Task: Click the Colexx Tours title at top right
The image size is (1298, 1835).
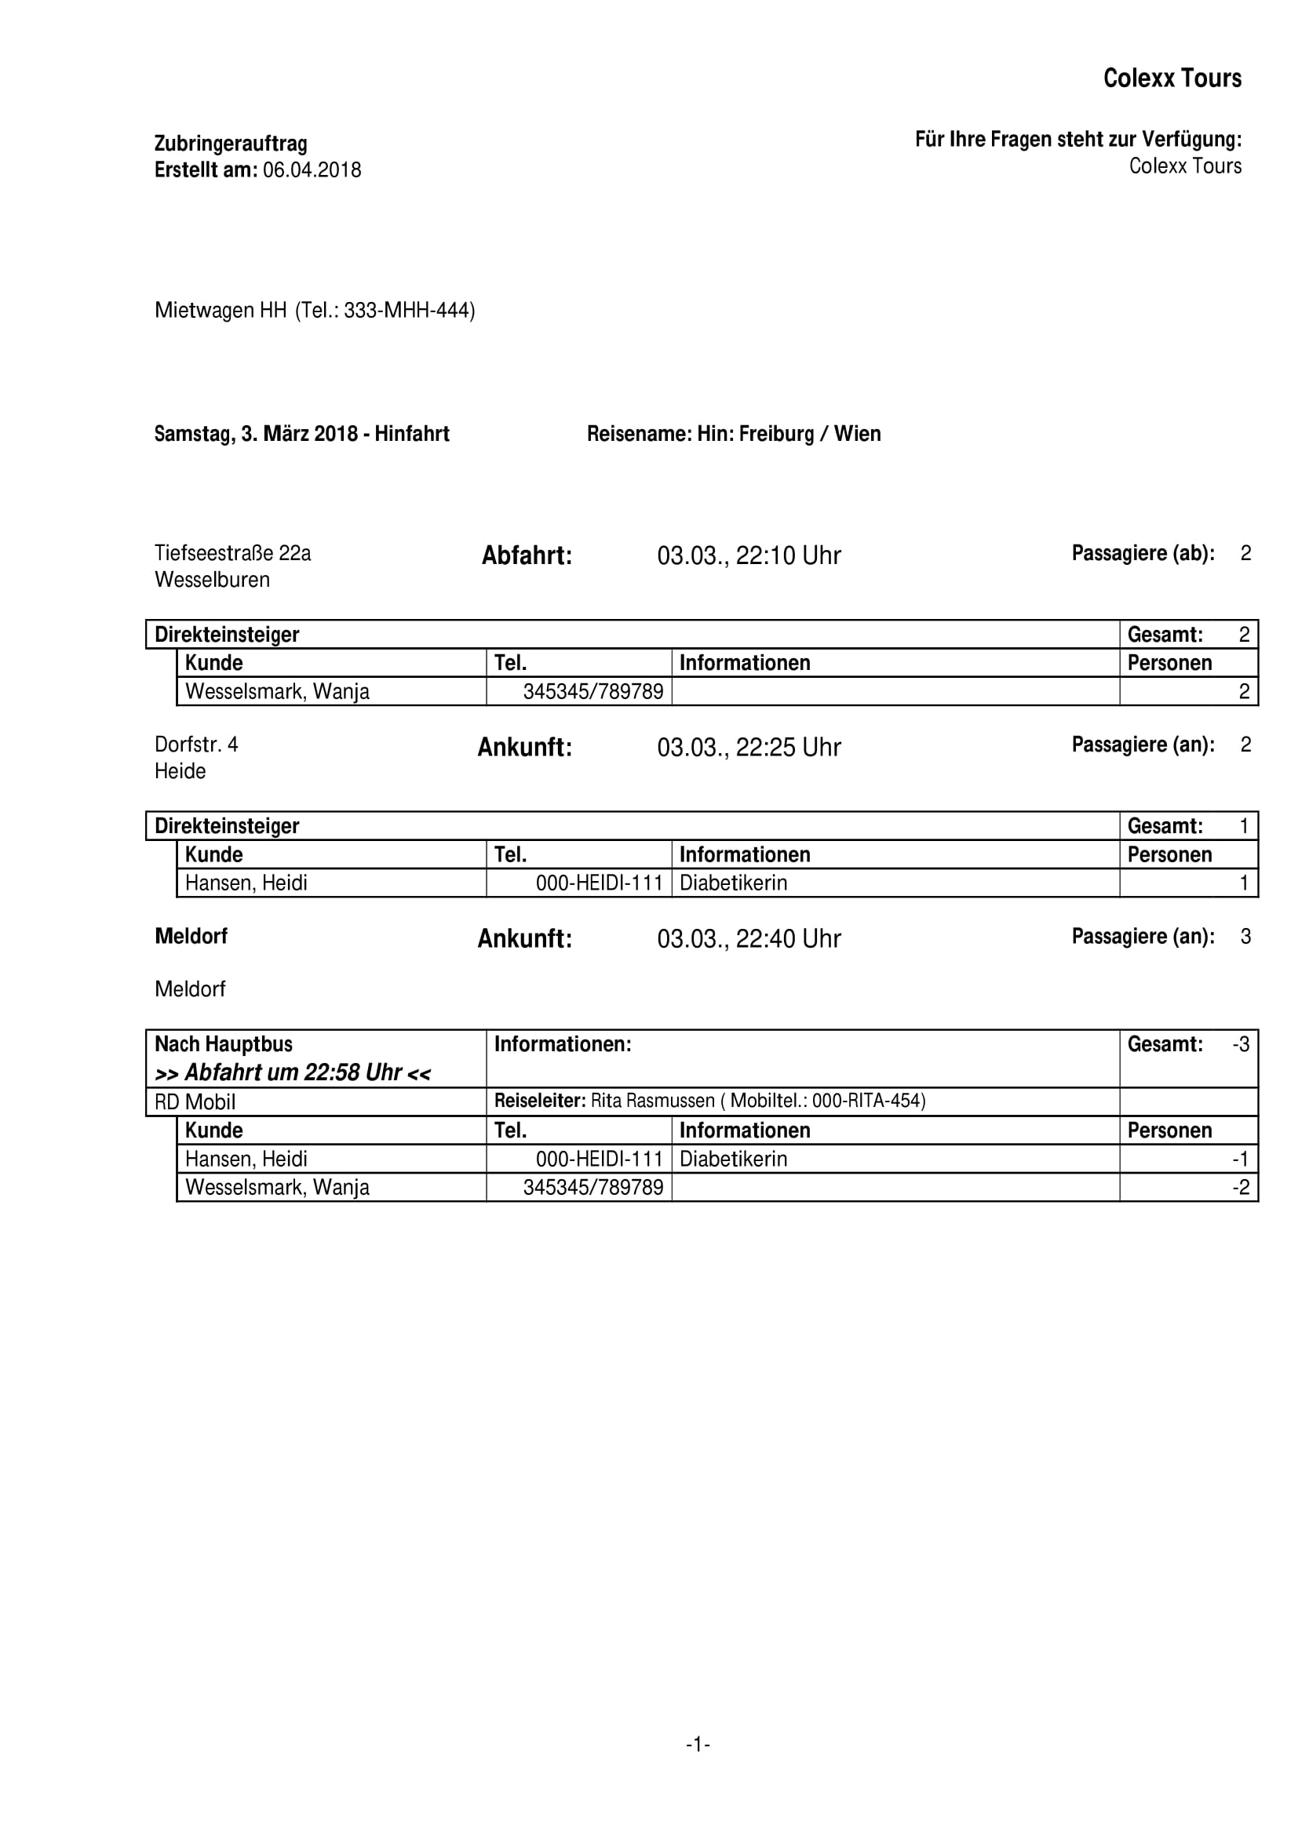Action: point(1172,78)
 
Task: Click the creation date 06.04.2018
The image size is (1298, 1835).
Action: point(312,170)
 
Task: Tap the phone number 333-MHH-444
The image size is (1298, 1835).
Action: point(406,310)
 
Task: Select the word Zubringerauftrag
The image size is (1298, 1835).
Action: point(230,144)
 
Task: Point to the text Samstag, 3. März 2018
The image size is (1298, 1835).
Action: point(256,434)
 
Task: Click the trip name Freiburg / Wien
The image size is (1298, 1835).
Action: point(809,434)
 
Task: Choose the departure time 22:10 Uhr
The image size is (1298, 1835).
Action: point(787,555)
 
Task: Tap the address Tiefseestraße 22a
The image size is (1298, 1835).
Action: point(232,553)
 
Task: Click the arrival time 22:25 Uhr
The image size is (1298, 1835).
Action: point(787,748)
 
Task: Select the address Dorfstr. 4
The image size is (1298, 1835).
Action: point(196,745)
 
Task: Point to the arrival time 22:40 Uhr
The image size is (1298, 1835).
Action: point(787,938)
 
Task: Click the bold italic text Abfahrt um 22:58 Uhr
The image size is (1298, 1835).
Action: point(293,1072)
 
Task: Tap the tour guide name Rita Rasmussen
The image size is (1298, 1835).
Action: point(652,1101)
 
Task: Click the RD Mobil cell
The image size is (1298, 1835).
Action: point(195,1102)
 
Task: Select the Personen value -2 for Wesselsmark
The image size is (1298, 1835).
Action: point(1240,1187)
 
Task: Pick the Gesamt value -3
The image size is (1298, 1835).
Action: point(1240,1043)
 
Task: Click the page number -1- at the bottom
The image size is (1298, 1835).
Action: point(698,1744)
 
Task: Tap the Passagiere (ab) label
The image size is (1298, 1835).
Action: point(1143,553)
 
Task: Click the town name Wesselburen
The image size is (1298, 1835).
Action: point(212,580)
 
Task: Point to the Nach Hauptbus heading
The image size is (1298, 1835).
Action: point(224,1043)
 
